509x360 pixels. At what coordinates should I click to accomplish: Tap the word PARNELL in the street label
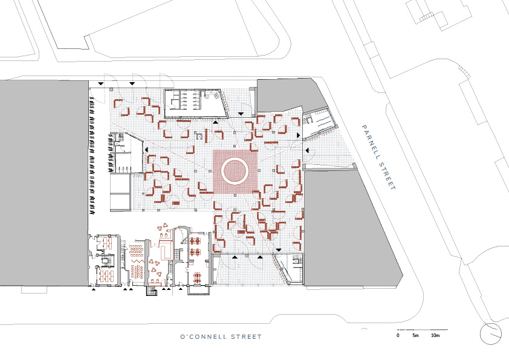pyautogui.click(x=371, y=142)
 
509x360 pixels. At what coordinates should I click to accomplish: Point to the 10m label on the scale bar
pyautogui.click(x=435, y=335)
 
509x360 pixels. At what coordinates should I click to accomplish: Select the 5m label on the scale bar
pyautogui.click(x=415, y=335)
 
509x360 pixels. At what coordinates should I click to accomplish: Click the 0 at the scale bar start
pyautogui.click(x=398, y=335)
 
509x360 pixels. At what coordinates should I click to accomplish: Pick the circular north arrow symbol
pyautogui.click(x=490, y=333)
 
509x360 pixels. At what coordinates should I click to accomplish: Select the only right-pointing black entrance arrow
pyautogui.click(x=298, y=135)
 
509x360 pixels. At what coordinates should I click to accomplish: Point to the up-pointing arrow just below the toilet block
pyautogui.click(x=215, y=122)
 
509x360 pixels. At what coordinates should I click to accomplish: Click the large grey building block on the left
pyautogui.click(x=44, y=183)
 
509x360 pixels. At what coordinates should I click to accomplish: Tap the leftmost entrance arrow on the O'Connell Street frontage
pyautogui.click(x=94, y=288)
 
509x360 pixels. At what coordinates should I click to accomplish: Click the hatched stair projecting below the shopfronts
pyautogui.click(x=152, y=291)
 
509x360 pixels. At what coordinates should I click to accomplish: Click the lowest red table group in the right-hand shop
pyautogui.click(x=197, y=278)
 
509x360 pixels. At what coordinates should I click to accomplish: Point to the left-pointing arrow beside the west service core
pyautogui.click(x=146, y=150)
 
